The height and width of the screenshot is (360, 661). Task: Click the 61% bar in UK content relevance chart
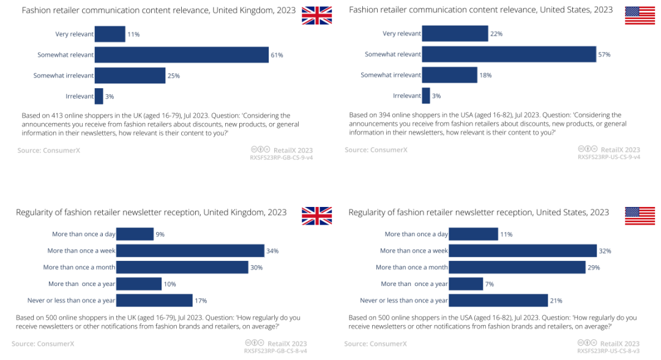(182, 55)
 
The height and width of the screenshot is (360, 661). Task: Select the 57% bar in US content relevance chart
(509, 54)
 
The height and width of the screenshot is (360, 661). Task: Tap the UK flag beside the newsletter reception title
(316, 216)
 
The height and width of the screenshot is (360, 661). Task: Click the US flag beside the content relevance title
(640, 15)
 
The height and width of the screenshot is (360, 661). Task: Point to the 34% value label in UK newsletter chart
(272, 251)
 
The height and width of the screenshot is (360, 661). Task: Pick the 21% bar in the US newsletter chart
(498, 301)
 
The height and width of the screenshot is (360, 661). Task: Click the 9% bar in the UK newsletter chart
(135, 234)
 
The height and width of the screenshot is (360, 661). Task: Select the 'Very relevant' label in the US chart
(401, 34)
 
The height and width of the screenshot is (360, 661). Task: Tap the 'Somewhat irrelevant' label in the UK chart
(64, 76)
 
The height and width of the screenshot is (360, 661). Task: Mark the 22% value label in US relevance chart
(496, 34)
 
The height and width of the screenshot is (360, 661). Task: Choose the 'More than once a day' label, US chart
(416, 234)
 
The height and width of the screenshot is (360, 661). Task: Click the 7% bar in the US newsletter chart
(466, 284)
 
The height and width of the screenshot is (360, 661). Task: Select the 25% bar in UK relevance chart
(130, 76)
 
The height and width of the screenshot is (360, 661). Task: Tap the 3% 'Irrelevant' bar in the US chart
(426, 96)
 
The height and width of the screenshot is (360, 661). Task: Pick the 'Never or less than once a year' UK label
(72, 301)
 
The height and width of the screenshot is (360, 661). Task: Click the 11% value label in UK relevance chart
(133, 34)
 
